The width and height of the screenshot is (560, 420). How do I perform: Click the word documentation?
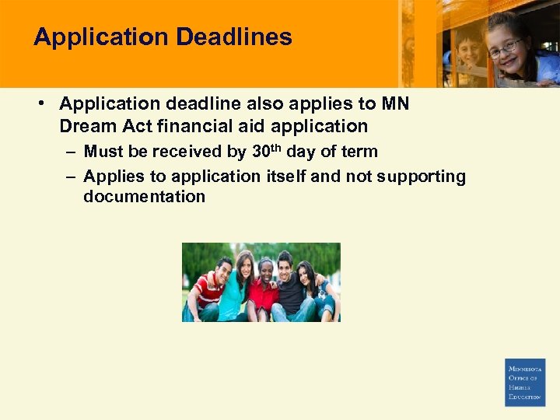[x=144, y=197]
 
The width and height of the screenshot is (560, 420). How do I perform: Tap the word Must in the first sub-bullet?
[x=103, y=152]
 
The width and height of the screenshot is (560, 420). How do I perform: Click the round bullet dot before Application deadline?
[x=47, y=104]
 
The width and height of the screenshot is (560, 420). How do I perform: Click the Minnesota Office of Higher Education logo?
[x=525, y=382]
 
